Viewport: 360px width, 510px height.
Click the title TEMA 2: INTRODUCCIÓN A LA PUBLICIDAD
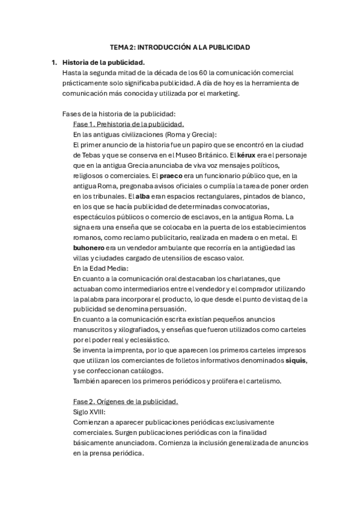click(x=180, y=46)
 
